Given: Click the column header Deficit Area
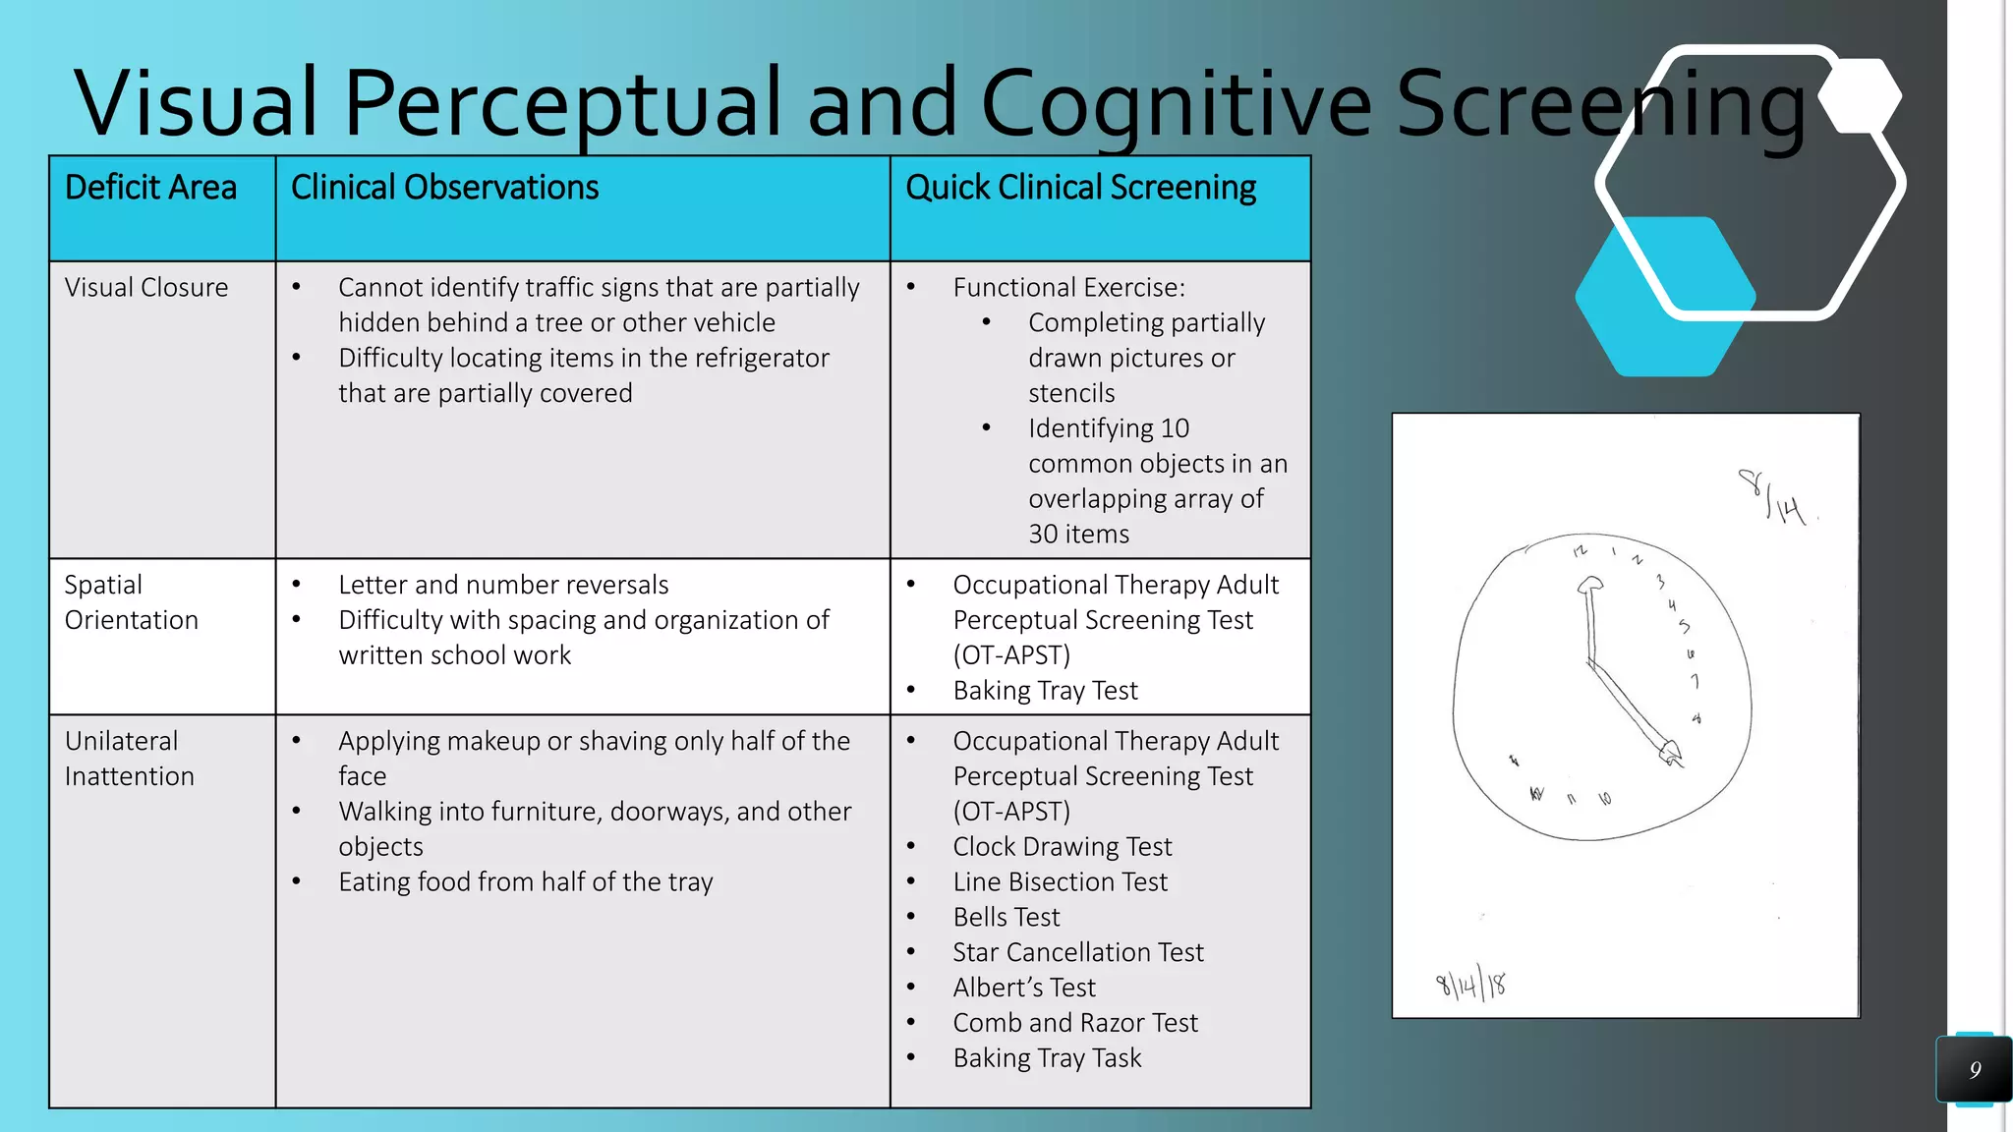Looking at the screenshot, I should pyautogui.click(x=150, y=188).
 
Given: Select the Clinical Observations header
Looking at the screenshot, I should pyautogui.click(x=444, y=188).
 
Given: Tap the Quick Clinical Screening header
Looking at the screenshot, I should pyautogui.click(x=1080, y=188).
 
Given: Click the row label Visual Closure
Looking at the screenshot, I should pyautogui.click(x=146, y=288).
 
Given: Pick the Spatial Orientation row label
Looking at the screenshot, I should pyautogui.click(x=131, y=602).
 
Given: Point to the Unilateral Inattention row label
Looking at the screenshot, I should pyautogui.click(x=129, y=759).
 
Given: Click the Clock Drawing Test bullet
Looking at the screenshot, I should pyautogui.click(x=1062, y=847).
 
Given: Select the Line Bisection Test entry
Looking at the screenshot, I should pyautogui.click(x=1060, y=882).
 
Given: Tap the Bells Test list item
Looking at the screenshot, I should pyautogui.click(x=1006, y=918).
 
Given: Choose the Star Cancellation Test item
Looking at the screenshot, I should pyautogui.click(x=1077, y=953).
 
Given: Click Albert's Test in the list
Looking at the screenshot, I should pyautogui.click(x=1023, y=989).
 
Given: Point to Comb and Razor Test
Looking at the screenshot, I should pyautogui.click(x=1074, y=1024).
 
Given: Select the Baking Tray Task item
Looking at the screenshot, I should pyautogui.click(x=1047, y=1059).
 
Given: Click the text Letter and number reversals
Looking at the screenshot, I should pyautogui.click(x=503, y=586).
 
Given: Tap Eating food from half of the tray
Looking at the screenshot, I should pyautogui.click(x=525, y=882).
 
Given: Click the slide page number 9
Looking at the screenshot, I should pyautogui.click(x=1975, y=1070).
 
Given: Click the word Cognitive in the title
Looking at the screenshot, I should pyautogui.click(x=1176, y=104).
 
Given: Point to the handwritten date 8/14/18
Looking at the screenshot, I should pyautogui.click(x=1470, y=984).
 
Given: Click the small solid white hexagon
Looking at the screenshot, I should pyautogui.click(x=1860, y=95).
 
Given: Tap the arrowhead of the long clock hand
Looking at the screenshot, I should pyautogui.click(x=1670, y=754).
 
